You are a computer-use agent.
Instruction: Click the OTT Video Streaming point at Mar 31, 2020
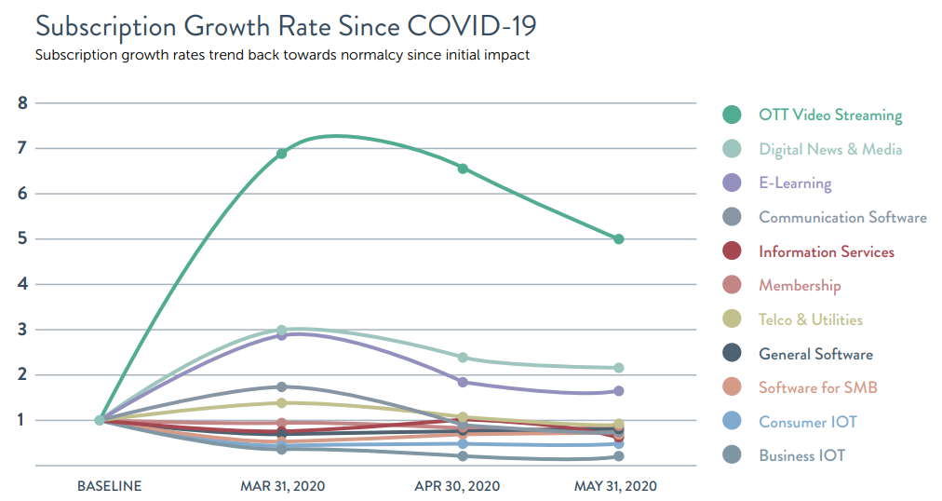click(281, 154)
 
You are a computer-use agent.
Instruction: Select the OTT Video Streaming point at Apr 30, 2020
click(463, 169)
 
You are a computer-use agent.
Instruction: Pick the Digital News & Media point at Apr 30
click(463, 358)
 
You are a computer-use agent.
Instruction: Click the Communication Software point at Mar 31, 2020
click(281, 386)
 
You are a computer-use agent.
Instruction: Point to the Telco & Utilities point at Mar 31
click(281, 402)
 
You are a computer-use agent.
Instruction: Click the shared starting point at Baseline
click(100, 420)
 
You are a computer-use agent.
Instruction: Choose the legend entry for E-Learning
click(795, 183)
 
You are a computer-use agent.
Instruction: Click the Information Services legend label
click(826, 251)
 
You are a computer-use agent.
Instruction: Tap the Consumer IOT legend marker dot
click(733, 422)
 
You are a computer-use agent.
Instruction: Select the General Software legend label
click(815, 354)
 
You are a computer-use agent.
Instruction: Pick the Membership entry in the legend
click(799, 286)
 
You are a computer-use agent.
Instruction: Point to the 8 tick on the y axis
click(22, 102)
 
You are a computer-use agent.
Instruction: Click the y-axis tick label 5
click(22, 239)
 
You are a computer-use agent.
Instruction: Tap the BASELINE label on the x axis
click(109, 486)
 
